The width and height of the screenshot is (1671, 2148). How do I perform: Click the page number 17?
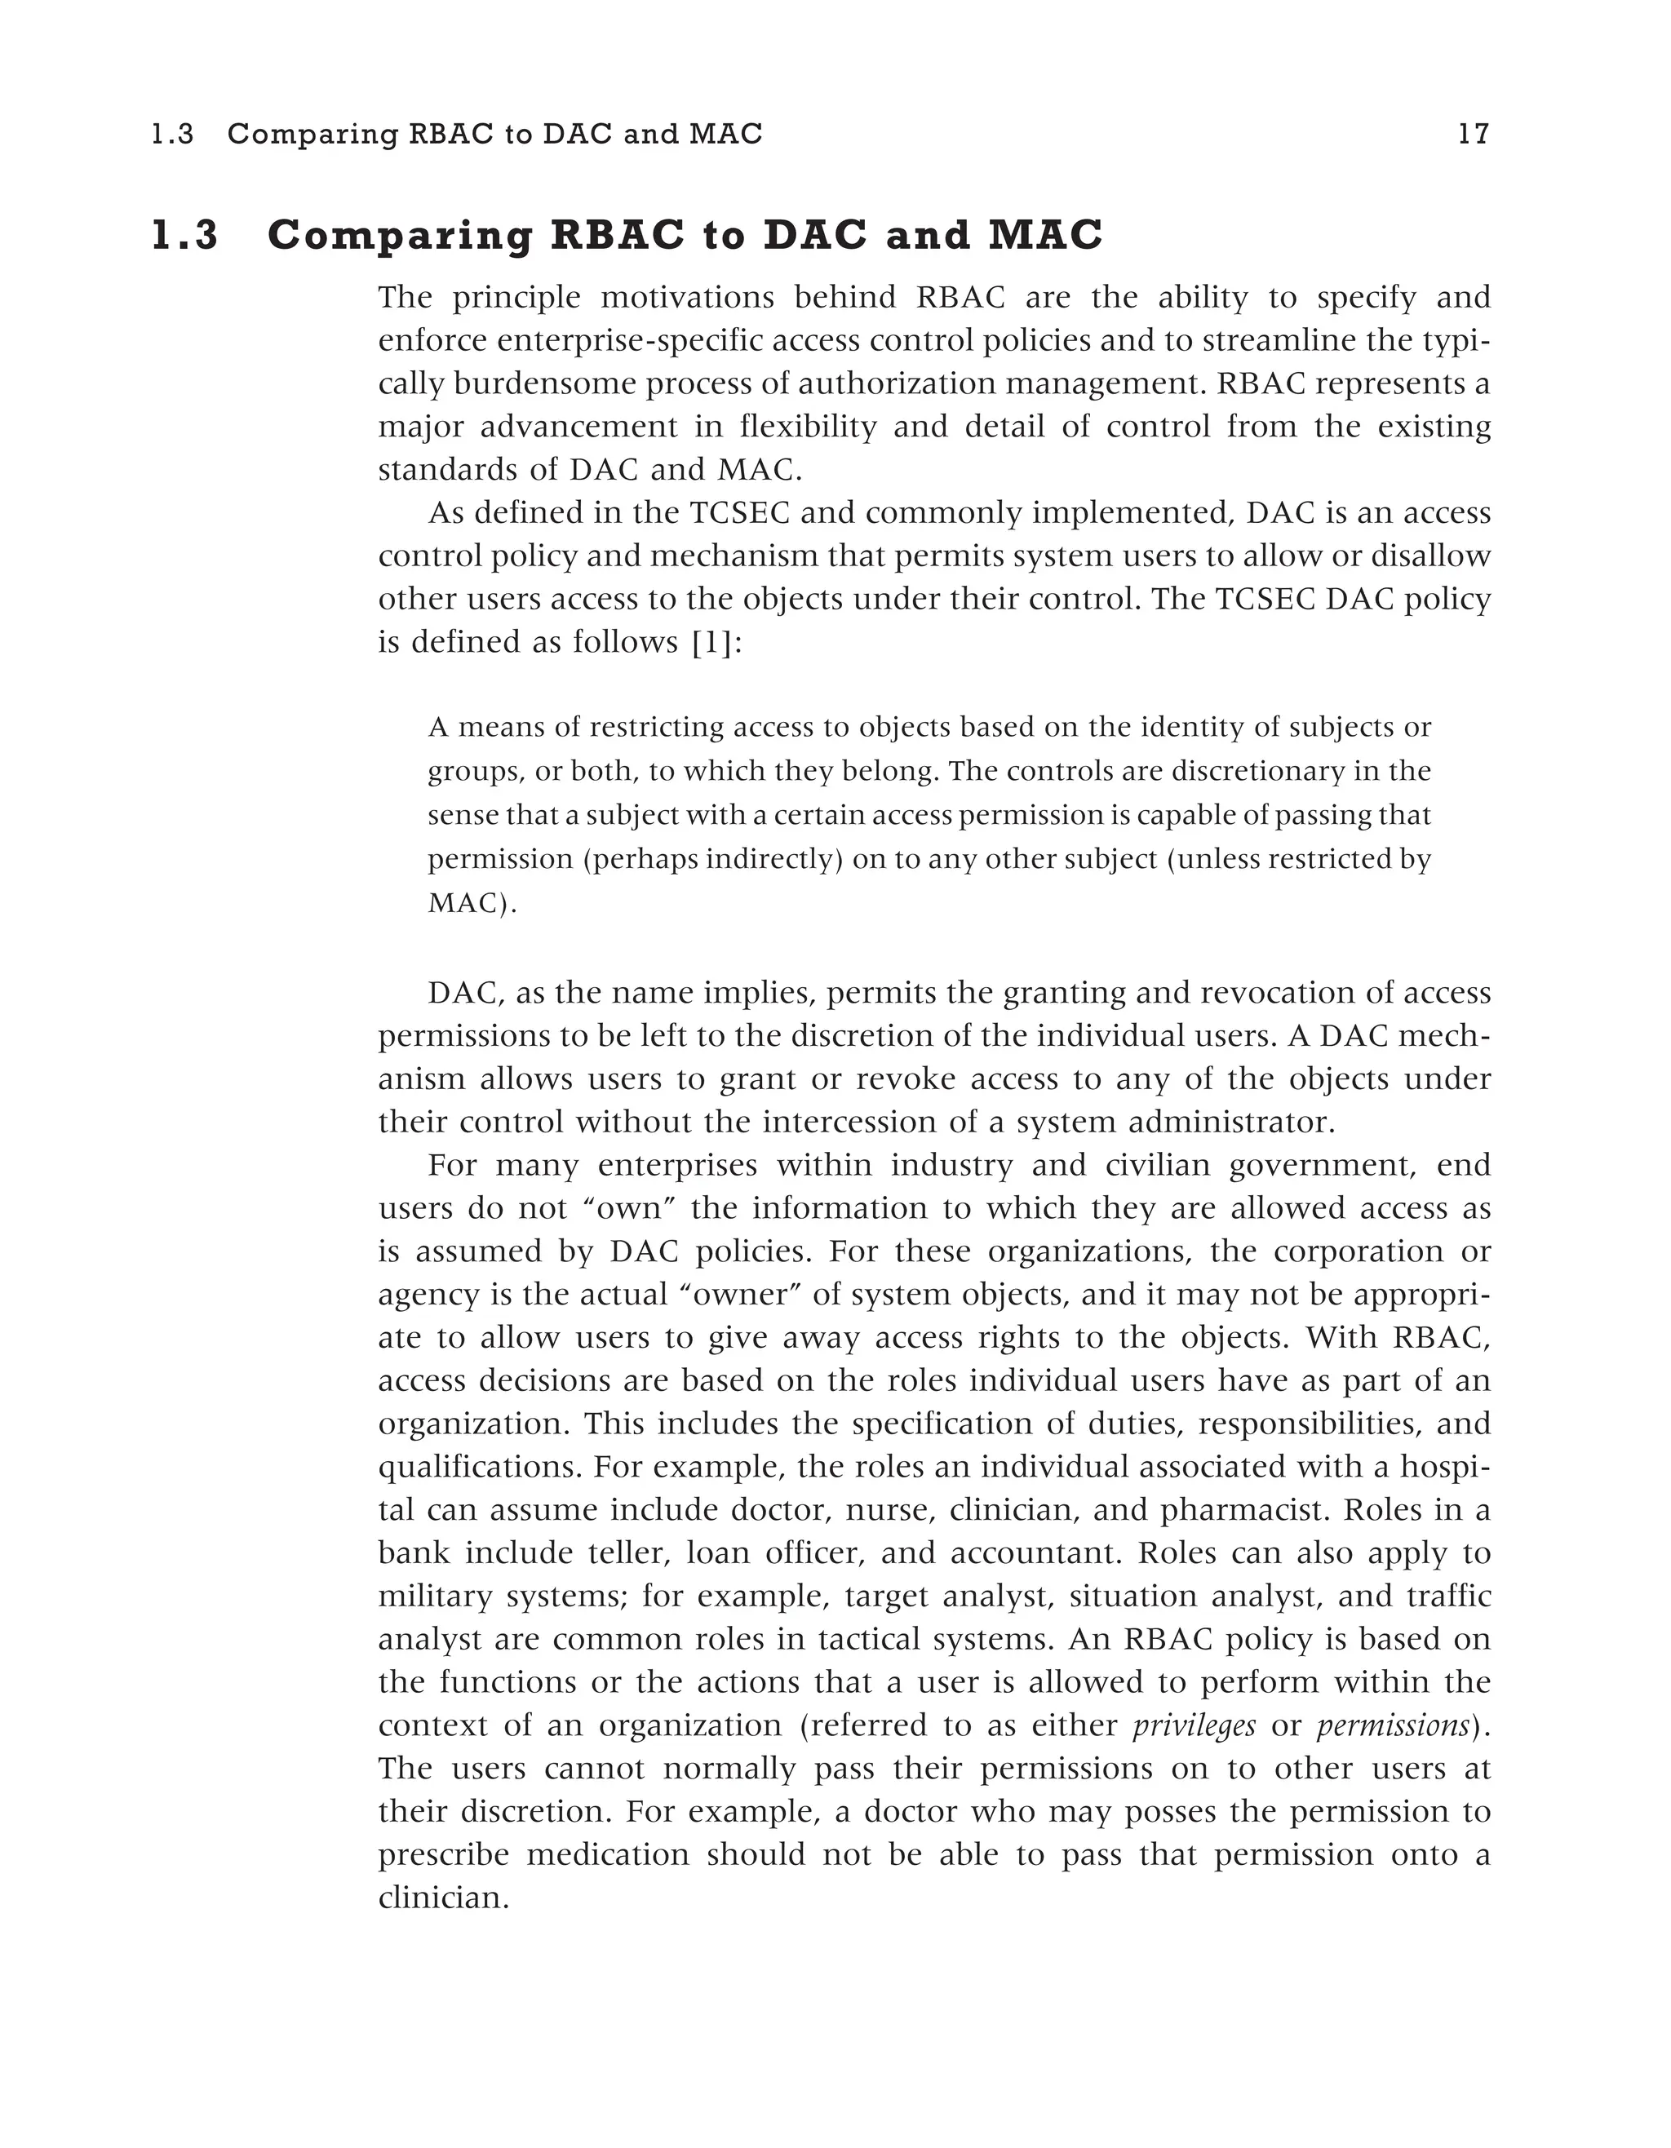coord(1473,134)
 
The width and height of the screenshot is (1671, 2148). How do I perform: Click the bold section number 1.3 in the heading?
coord(185,236)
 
